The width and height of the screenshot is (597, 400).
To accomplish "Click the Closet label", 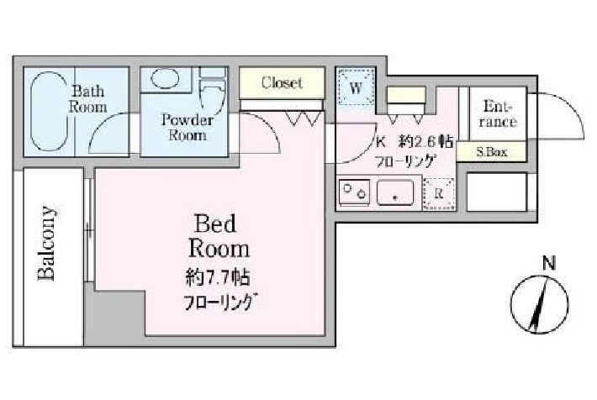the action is pyautogui.click(x=282, y=82).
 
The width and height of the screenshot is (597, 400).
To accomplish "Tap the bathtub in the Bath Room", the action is pyautogui.click(x=49, y=111).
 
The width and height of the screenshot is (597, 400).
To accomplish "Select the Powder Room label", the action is pyautogui.click(x=188, y=128).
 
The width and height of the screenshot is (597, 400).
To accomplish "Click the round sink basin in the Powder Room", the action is pyautogui.click(x=165, y=78).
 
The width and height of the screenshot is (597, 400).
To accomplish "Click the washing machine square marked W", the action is pyautogui.click(x=356, y=87).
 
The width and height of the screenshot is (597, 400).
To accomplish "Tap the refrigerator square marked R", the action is pyautogui.click(x=439, y=194).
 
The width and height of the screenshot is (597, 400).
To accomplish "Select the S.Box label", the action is pyautogui.click(x=492, y=152).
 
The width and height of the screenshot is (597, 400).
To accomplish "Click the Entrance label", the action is pyautogui.click(x=498, y=113).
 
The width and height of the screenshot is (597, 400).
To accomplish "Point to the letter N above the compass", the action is pyautogui.click(x=548, y=263).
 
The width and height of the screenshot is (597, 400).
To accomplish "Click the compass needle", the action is pyautogui.click(x=538, y=304).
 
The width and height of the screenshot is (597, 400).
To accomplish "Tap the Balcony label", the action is pyautogui.click(x=47, y=244).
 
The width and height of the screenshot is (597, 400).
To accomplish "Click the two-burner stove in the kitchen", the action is pyautogui.click(x=354, y=192).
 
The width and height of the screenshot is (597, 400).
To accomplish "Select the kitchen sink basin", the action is pyautogui.click(x=395, y=192).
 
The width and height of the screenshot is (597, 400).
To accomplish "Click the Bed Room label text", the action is pyautogui.click(x=219, y=236).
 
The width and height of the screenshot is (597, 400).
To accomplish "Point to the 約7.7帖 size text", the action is pyautogui.click(x=218, y=277).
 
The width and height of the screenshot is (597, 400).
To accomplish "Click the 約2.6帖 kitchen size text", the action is pyautogui.click(x=426, y=142).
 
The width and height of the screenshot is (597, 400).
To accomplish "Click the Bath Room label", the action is pyautogui.click(x=88, y=99).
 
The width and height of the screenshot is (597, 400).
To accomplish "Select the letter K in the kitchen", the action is pyautogui.click(x=381, y=142).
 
